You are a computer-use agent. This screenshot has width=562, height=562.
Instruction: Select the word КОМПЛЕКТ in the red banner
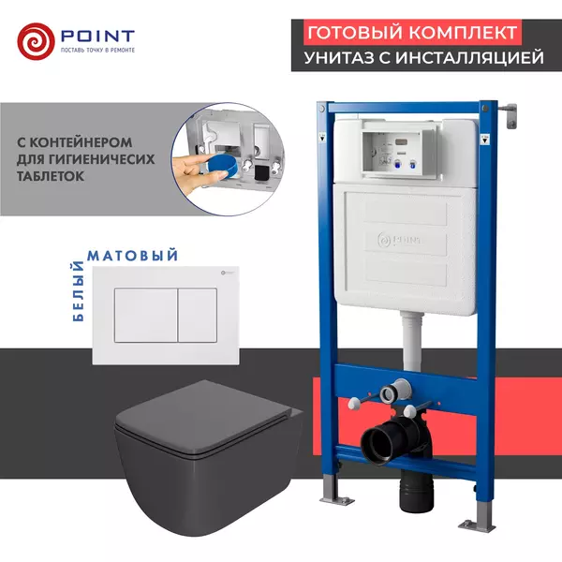(x=467, y=32)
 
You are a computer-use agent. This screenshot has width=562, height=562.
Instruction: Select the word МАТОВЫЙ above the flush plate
(x=131, y=254)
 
